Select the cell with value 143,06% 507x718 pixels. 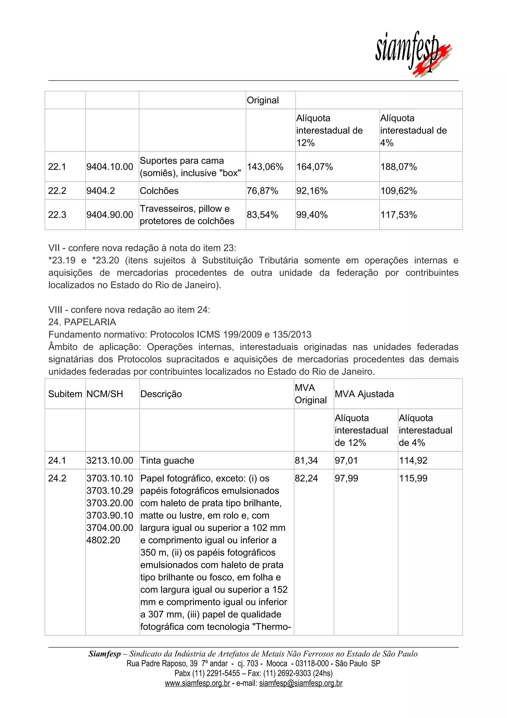pos(265,167)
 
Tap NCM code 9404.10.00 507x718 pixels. pos(110,167)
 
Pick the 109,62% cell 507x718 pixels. pos(398,191)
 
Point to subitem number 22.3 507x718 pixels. pos(57,215)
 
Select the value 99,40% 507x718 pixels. pos(312,215)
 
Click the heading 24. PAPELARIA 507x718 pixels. pos(82,322)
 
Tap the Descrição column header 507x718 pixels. pos(161,394)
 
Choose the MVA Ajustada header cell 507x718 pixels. pos(364,394)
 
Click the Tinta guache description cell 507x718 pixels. pos(167,461)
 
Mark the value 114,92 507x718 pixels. pos(413,461)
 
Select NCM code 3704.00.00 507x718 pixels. pos(110,528)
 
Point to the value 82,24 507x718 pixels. pos(306,478)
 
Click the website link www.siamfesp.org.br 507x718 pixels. pos(197,683)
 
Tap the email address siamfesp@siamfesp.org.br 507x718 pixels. pos(301,683)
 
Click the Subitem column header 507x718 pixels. pos(65,394)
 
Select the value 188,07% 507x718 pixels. pos(398,167)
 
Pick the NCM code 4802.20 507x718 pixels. pos(103,540)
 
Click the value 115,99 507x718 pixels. pos(413,478)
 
